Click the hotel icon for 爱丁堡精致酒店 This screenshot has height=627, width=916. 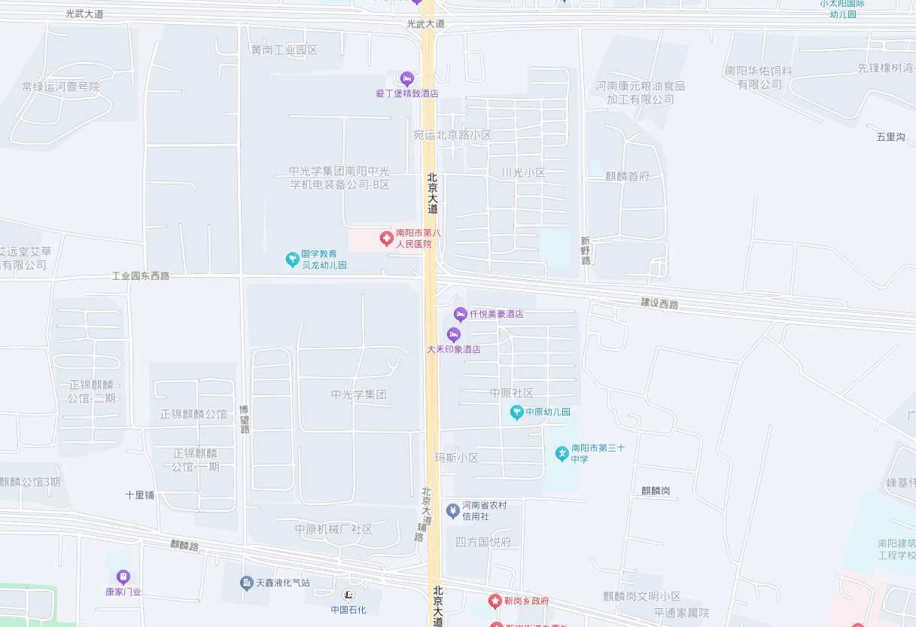(407, 78)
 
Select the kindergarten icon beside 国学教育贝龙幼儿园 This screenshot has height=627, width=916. (292, 260)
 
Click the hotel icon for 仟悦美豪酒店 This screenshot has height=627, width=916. (461, 314)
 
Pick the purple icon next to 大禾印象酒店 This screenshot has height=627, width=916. (453, 334)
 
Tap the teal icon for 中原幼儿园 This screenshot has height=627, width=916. (516, 412)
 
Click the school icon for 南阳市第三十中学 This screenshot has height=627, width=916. (561, 453)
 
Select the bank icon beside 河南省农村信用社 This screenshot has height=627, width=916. (452, 511)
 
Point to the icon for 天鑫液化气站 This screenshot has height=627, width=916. (246, 583)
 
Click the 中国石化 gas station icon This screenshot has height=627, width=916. (348, 595)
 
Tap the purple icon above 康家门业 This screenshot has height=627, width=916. (123, 577)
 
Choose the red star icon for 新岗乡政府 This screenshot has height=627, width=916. (495, 601)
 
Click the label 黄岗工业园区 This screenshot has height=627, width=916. (285, 50)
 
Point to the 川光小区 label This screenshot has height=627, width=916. (523, 172)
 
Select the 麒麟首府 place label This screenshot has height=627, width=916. (627, 176)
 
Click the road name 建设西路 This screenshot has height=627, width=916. (659, 303)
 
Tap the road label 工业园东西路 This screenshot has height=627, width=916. (141, 276)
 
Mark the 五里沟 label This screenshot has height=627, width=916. (890, 137)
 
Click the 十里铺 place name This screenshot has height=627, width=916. (140, 495)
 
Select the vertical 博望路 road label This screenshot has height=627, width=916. (244, 419)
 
